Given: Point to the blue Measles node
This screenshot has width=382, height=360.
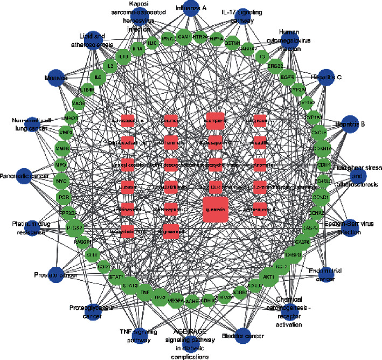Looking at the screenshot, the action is coord(57,78).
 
